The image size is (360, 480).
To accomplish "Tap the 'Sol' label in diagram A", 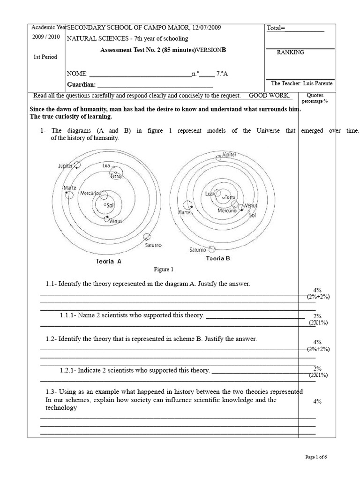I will (x=111, y=205).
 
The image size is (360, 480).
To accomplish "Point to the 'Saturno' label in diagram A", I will (x=152, y=245).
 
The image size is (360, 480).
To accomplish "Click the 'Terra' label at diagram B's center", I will (x=229, y=197).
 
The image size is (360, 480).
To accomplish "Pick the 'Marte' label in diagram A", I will (x=70, y=188).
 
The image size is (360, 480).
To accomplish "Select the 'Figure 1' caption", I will (x=164, y=270).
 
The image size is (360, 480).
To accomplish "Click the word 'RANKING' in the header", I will (x=290, y=52).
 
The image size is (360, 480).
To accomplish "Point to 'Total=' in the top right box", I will (x=276, y=28).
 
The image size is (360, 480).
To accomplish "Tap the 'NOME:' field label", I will (x=77, y=74).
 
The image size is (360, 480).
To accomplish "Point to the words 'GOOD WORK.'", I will (x=270, y=95).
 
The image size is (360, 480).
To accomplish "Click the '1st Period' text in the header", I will (x=45, y=57).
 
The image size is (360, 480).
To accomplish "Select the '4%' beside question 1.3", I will (x=317, y=402).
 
